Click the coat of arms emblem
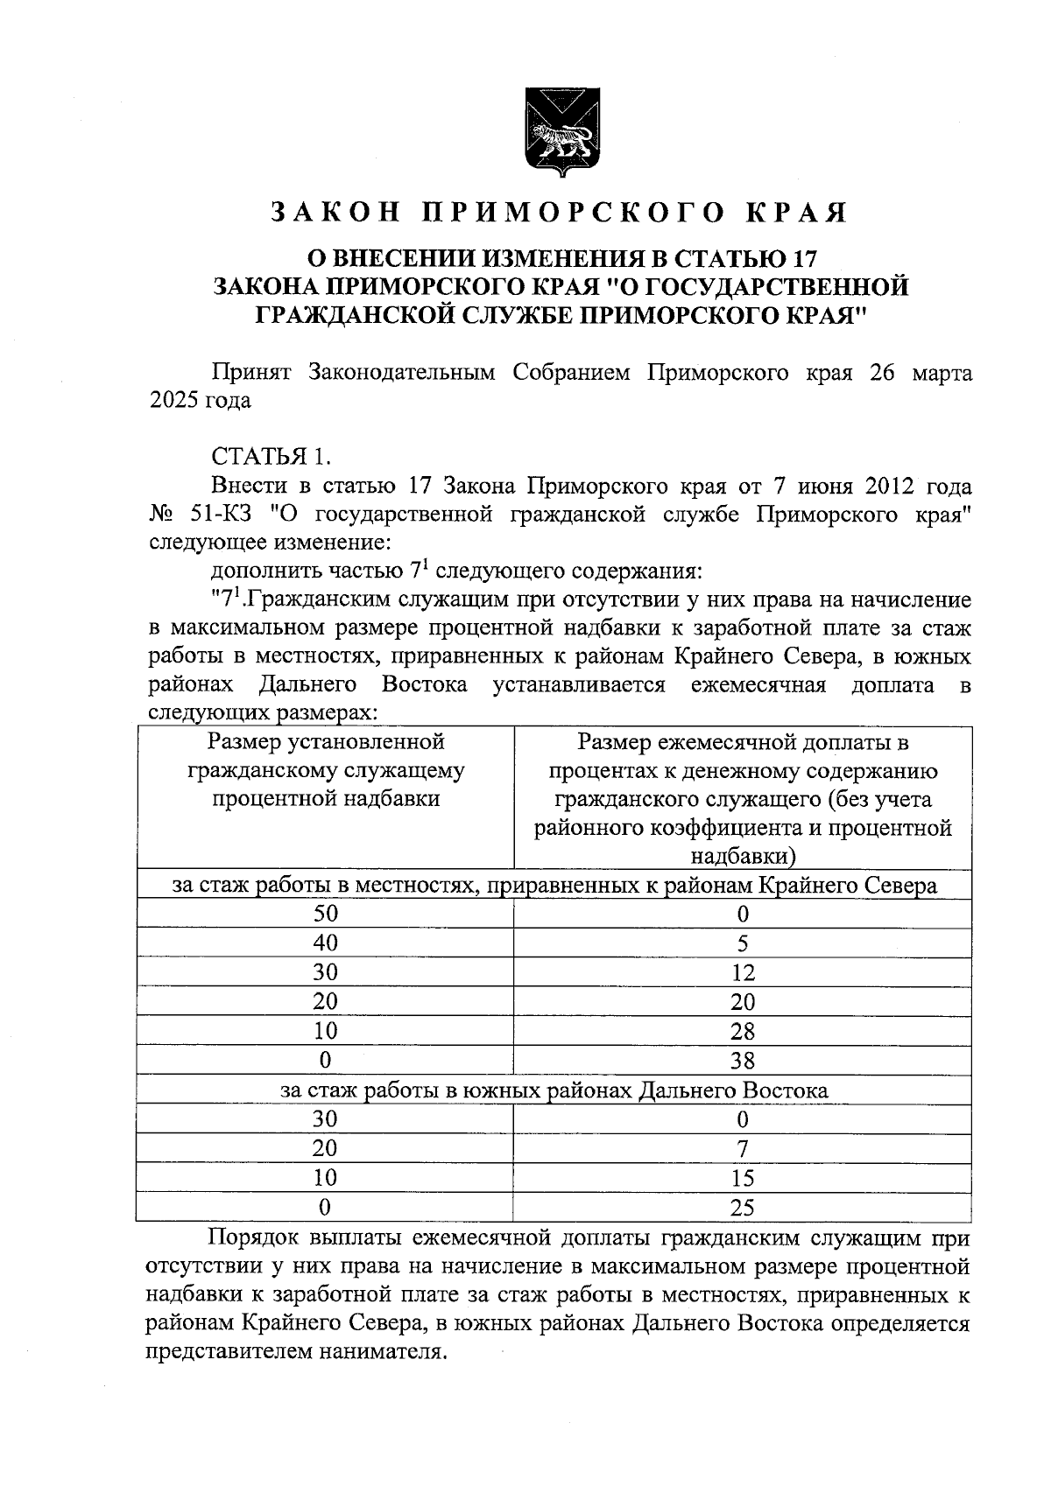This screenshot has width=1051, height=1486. click(561, 129)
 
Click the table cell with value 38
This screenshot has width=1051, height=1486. click(742, 1062)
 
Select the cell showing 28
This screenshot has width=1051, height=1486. click(742, 1032)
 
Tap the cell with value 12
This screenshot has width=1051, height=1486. click(742, 973)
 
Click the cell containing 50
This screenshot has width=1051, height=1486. click(325, 915)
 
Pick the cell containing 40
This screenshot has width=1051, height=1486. click(325, 943)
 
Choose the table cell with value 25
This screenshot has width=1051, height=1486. click(742, 1209)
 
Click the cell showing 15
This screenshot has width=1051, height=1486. click(742, 1179)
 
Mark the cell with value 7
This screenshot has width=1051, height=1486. click(742, 1149)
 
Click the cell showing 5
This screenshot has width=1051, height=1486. click(742, 943)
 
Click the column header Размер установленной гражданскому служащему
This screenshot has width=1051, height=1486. click(325, 771)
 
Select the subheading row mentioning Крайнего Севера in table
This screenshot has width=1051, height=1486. click(554, 886)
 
